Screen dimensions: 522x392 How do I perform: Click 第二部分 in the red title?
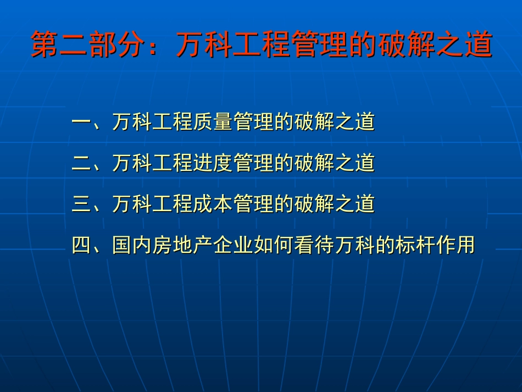click(89, 43)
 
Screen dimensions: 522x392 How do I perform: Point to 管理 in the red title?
click(320, 43)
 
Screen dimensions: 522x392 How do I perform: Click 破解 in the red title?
click(407, 43)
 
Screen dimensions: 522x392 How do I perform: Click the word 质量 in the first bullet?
click(213, 122)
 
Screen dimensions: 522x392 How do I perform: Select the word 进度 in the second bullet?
click(213, 163)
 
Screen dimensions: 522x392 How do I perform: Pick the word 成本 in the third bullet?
click(213, 203)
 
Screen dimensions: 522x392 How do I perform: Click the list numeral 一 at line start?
click(81, 122)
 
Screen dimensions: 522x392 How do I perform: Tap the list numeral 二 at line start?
click(81, 163)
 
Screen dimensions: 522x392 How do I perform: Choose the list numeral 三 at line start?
click(81, 203)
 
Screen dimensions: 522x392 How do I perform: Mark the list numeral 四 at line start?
click(81, 245)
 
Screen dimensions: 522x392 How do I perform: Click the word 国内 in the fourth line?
click(132, 245)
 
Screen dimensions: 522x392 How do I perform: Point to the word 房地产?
click(183, 245)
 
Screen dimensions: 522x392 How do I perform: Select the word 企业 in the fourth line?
click(234, 245)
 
